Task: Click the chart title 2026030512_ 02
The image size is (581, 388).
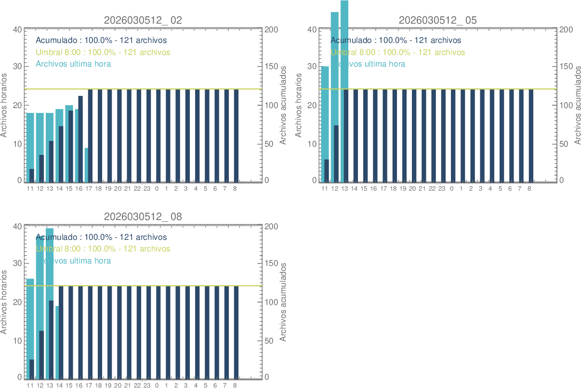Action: [143, 20]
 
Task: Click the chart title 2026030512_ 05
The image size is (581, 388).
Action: [437, 20]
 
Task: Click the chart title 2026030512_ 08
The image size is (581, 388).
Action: [143, 217]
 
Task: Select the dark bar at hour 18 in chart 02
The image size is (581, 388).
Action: [100, 135]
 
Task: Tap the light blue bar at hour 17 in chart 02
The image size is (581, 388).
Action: [86, 165]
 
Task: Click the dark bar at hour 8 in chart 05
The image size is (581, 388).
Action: [531, 135]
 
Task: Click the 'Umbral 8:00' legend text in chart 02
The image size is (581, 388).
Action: [103, 52]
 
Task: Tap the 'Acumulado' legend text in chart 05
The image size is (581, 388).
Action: [396, 41]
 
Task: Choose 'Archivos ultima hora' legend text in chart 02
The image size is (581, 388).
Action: [73, 64]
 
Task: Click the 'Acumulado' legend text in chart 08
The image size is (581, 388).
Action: [101, 237]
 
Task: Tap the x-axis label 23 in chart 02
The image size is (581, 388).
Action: [147, 189]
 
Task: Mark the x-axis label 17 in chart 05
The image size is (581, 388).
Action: [383, 189]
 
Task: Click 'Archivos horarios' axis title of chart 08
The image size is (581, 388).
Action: [5, 302]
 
